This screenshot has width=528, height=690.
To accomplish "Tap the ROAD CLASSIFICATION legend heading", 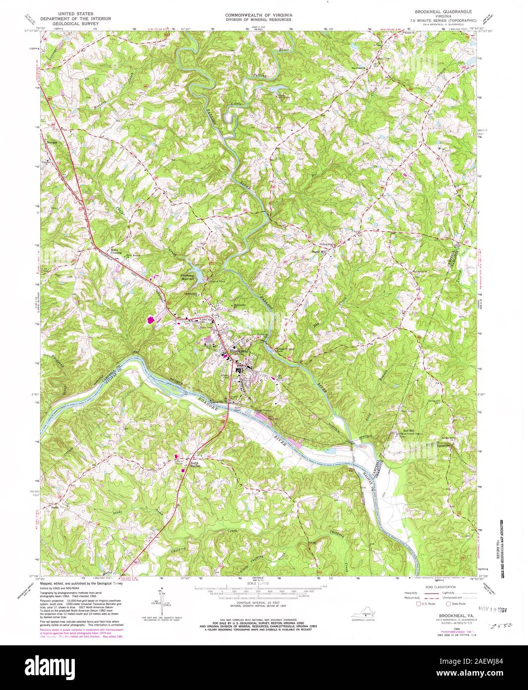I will coord(434,586).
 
